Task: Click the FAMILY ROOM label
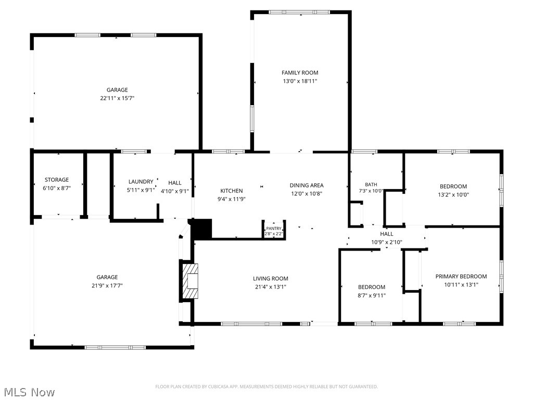[300, 72]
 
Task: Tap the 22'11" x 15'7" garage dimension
[117, 98]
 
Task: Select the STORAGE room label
[57, 180]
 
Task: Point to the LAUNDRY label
[141, 182]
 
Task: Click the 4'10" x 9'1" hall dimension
[175, 191]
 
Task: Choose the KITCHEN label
[232, 191]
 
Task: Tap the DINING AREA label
[307, 185]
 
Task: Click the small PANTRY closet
[274, 229]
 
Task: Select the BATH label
[371, 184]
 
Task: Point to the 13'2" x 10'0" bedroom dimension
[453, 195]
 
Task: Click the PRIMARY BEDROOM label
[461, 277]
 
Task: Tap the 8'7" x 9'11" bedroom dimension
[372, 296]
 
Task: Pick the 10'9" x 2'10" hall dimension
[387, 242]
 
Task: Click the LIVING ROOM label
[271, 279]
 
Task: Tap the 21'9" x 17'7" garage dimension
[107, 286]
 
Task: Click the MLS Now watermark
[29, 392]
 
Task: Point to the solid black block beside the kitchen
[201, 229]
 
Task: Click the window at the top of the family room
[299, 12]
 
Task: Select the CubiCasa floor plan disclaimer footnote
[266, 387]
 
